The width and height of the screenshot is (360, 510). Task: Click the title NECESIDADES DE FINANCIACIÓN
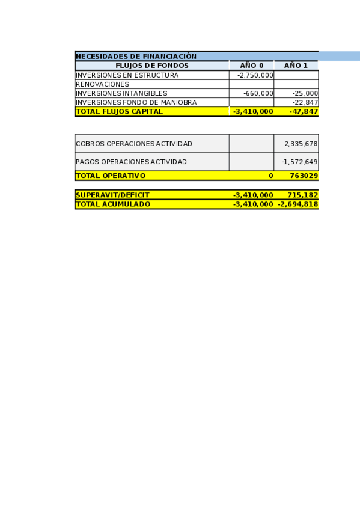coord(136,57)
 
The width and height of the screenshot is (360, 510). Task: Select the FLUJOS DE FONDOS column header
coord(152,66)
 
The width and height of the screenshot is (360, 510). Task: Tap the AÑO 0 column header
coord(252,66)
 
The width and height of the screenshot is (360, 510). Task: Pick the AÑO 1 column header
coord(296,66)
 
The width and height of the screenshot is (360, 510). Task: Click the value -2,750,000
coord(255,75)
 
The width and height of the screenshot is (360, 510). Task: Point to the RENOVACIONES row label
coord(102,84)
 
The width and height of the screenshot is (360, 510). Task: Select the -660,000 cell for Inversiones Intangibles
coord(258,93)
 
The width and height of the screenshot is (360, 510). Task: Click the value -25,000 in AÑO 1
coord(305,93)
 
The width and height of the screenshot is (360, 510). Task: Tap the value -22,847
coord(305,102)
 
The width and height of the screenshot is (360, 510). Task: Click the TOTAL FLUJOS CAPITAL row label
coord(119,111)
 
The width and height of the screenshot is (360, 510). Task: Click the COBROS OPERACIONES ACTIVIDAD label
coord(134,144)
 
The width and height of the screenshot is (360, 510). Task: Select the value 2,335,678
coord(301,144)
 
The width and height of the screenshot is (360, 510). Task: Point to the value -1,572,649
coord(300,162)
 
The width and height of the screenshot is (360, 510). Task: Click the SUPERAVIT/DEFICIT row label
coord(112,195)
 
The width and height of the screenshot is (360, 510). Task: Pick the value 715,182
coord(302,195)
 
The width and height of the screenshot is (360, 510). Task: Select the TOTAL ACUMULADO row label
coord(113,204)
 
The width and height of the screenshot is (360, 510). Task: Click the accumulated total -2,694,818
coord(297,204)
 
